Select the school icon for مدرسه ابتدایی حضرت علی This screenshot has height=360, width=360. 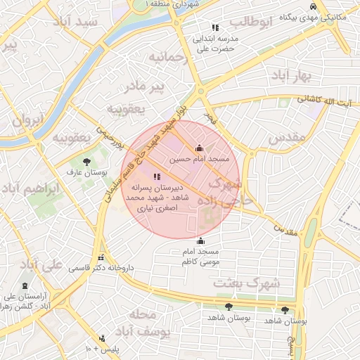pos(215,27)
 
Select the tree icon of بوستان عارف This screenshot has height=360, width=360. pos(86,162)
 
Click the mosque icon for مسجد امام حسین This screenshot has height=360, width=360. pos(199,148)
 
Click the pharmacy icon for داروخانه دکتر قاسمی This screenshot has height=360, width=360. pos(101,257)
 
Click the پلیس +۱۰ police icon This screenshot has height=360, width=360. pos(103,339)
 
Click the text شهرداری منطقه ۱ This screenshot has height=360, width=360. pos(173,4)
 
